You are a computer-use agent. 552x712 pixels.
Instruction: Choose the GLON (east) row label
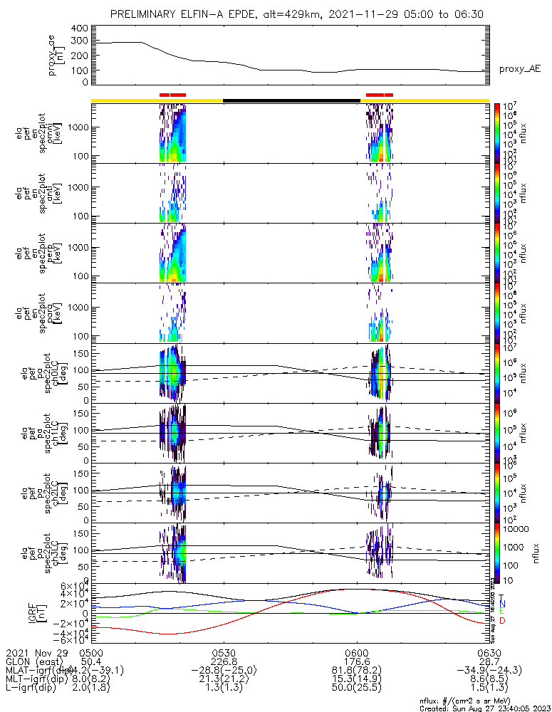(32, 661)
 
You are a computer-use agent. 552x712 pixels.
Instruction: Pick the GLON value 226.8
(224, 661)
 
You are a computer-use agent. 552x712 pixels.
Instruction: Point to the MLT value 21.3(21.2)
(224, 680)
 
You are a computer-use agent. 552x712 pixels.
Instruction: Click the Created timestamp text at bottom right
(484, 708)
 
